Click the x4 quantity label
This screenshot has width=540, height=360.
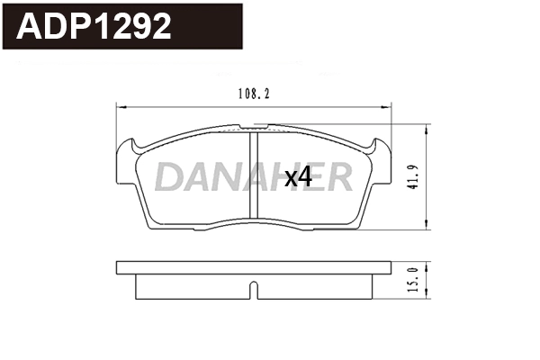point(298,177)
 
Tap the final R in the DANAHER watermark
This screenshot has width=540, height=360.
point(337,177)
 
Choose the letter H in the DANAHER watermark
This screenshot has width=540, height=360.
point(277,177)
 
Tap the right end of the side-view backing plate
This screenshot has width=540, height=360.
point(389,268)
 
